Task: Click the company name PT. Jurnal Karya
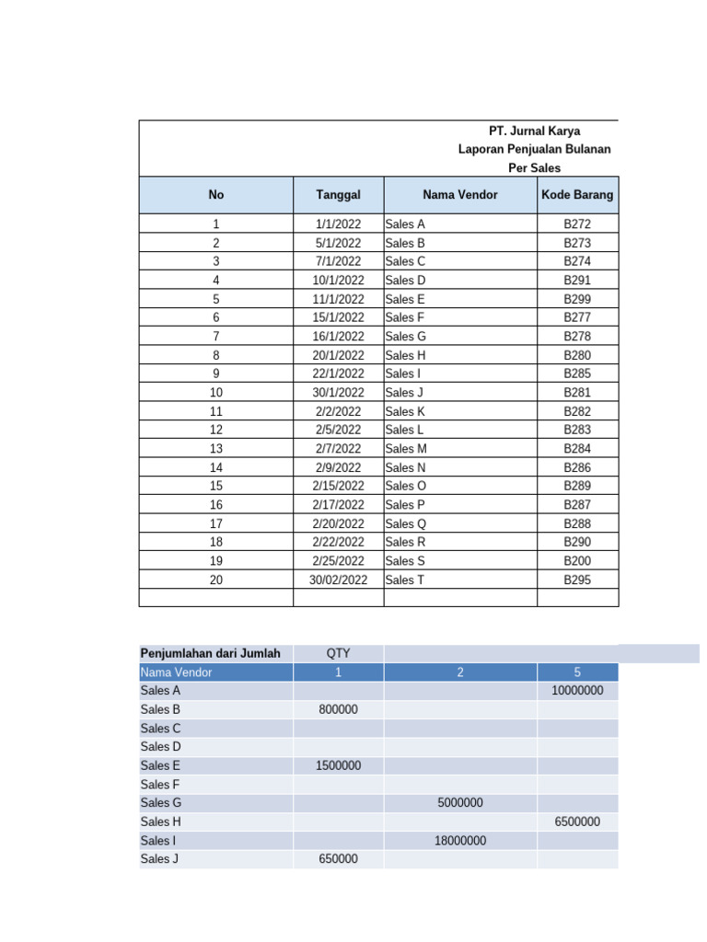coord(534,131)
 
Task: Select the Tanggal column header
coord(338,195)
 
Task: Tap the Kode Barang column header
coord(577,195)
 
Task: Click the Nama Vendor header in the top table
coord(460,195)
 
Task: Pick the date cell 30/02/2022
coord(338,580)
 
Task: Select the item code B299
coord(577,299)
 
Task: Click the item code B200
coord(577,560)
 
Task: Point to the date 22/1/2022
coord(338,373)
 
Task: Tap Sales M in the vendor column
coord(406,448)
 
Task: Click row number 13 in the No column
coord(216,448)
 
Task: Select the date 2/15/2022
coord(338,486)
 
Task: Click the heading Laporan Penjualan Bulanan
coord(534,149)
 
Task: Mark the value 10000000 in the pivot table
coord(577,690)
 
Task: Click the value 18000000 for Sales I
coord(460,840)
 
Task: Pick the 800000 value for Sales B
coord(338,709)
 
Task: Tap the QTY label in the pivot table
coord(338,653)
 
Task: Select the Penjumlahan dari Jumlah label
coord(209,653)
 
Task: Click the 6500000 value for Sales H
coord(577,821)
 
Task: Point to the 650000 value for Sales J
coord(338,858)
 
